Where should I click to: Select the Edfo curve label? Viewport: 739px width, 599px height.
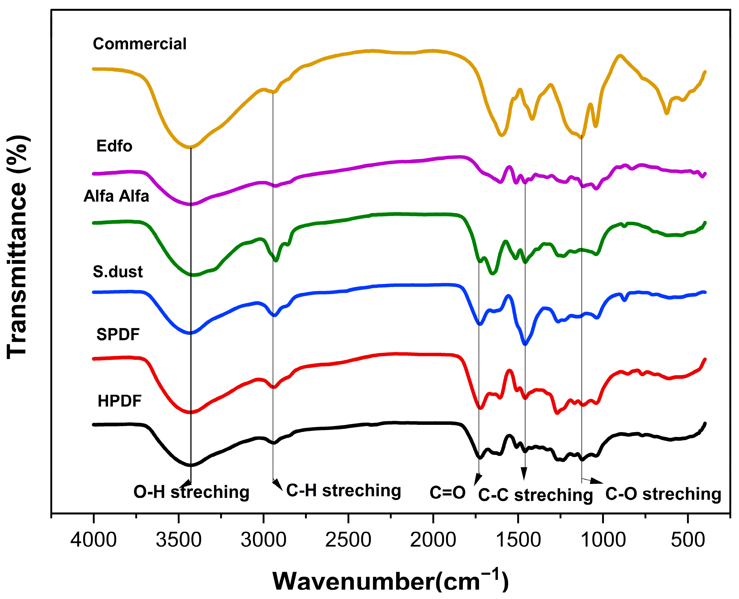click(x=114, y=146)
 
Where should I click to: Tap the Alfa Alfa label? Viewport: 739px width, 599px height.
click(x=116, y=196)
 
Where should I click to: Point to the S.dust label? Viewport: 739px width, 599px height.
click(x=117, y=272)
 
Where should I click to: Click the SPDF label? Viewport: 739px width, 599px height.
click(x=118, y=334)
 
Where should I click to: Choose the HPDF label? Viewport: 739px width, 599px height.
click(x=119, y=401)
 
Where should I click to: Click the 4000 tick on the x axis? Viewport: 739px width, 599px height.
click(x=94, y=540)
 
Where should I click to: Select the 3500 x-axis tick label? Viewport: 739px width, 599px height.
click(x=178, y=540)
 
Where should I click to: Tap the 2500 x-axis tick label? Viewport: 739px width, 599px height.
click(x=348, y=540)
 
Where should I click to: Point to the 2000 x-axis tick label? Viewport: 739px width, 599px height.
click(x=433, y=540)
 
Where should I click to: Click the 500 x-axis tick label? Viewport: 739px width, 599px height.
click(x=687, y=540)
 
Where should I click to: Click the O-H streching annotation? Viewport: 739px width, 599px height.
click(x=191, y=492)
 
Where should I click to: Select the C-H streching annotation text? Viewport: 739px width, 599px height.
click(x=344, y=490)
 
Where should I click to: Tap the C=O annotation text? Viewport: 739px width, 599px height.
click(x=447, y=492)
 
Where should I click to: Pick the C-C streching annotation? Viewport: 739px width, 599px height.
click(x=535, y=495)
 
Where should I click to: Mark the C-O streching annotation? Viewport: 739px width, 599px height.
click(x=663, y=494)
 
